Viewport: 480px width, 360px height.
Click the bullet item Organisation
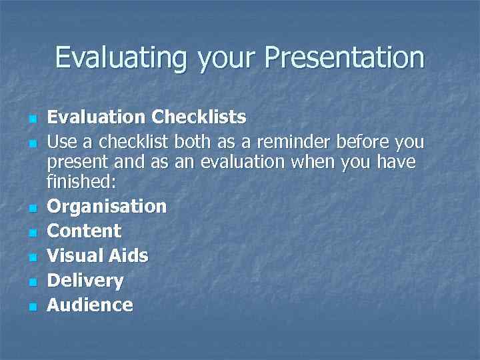[107, 207]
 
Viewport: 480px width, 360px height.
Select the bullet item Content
[84, 231]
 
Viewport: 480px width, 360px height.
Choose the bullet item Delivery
[85, 281]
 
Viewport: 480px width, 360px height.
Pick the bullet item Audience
[90, 305]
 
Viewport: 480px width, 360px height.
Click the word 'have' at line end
[396, 161]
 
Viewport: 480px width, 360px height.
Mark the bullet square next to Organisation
[31, 209]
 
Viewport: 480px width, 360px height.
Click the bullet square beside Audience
[31, 307]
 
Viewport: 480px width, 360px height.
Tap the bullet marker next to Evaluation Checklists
[31, 120]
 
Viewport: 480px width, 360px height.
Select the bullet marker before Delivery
[31, 283]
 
